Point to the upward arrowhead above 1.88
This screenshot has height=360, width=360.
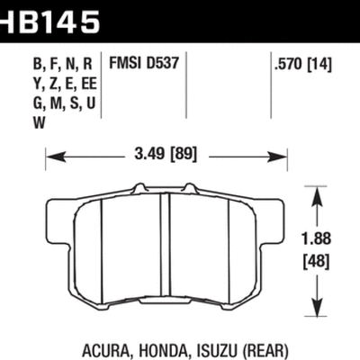[317, 191]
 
